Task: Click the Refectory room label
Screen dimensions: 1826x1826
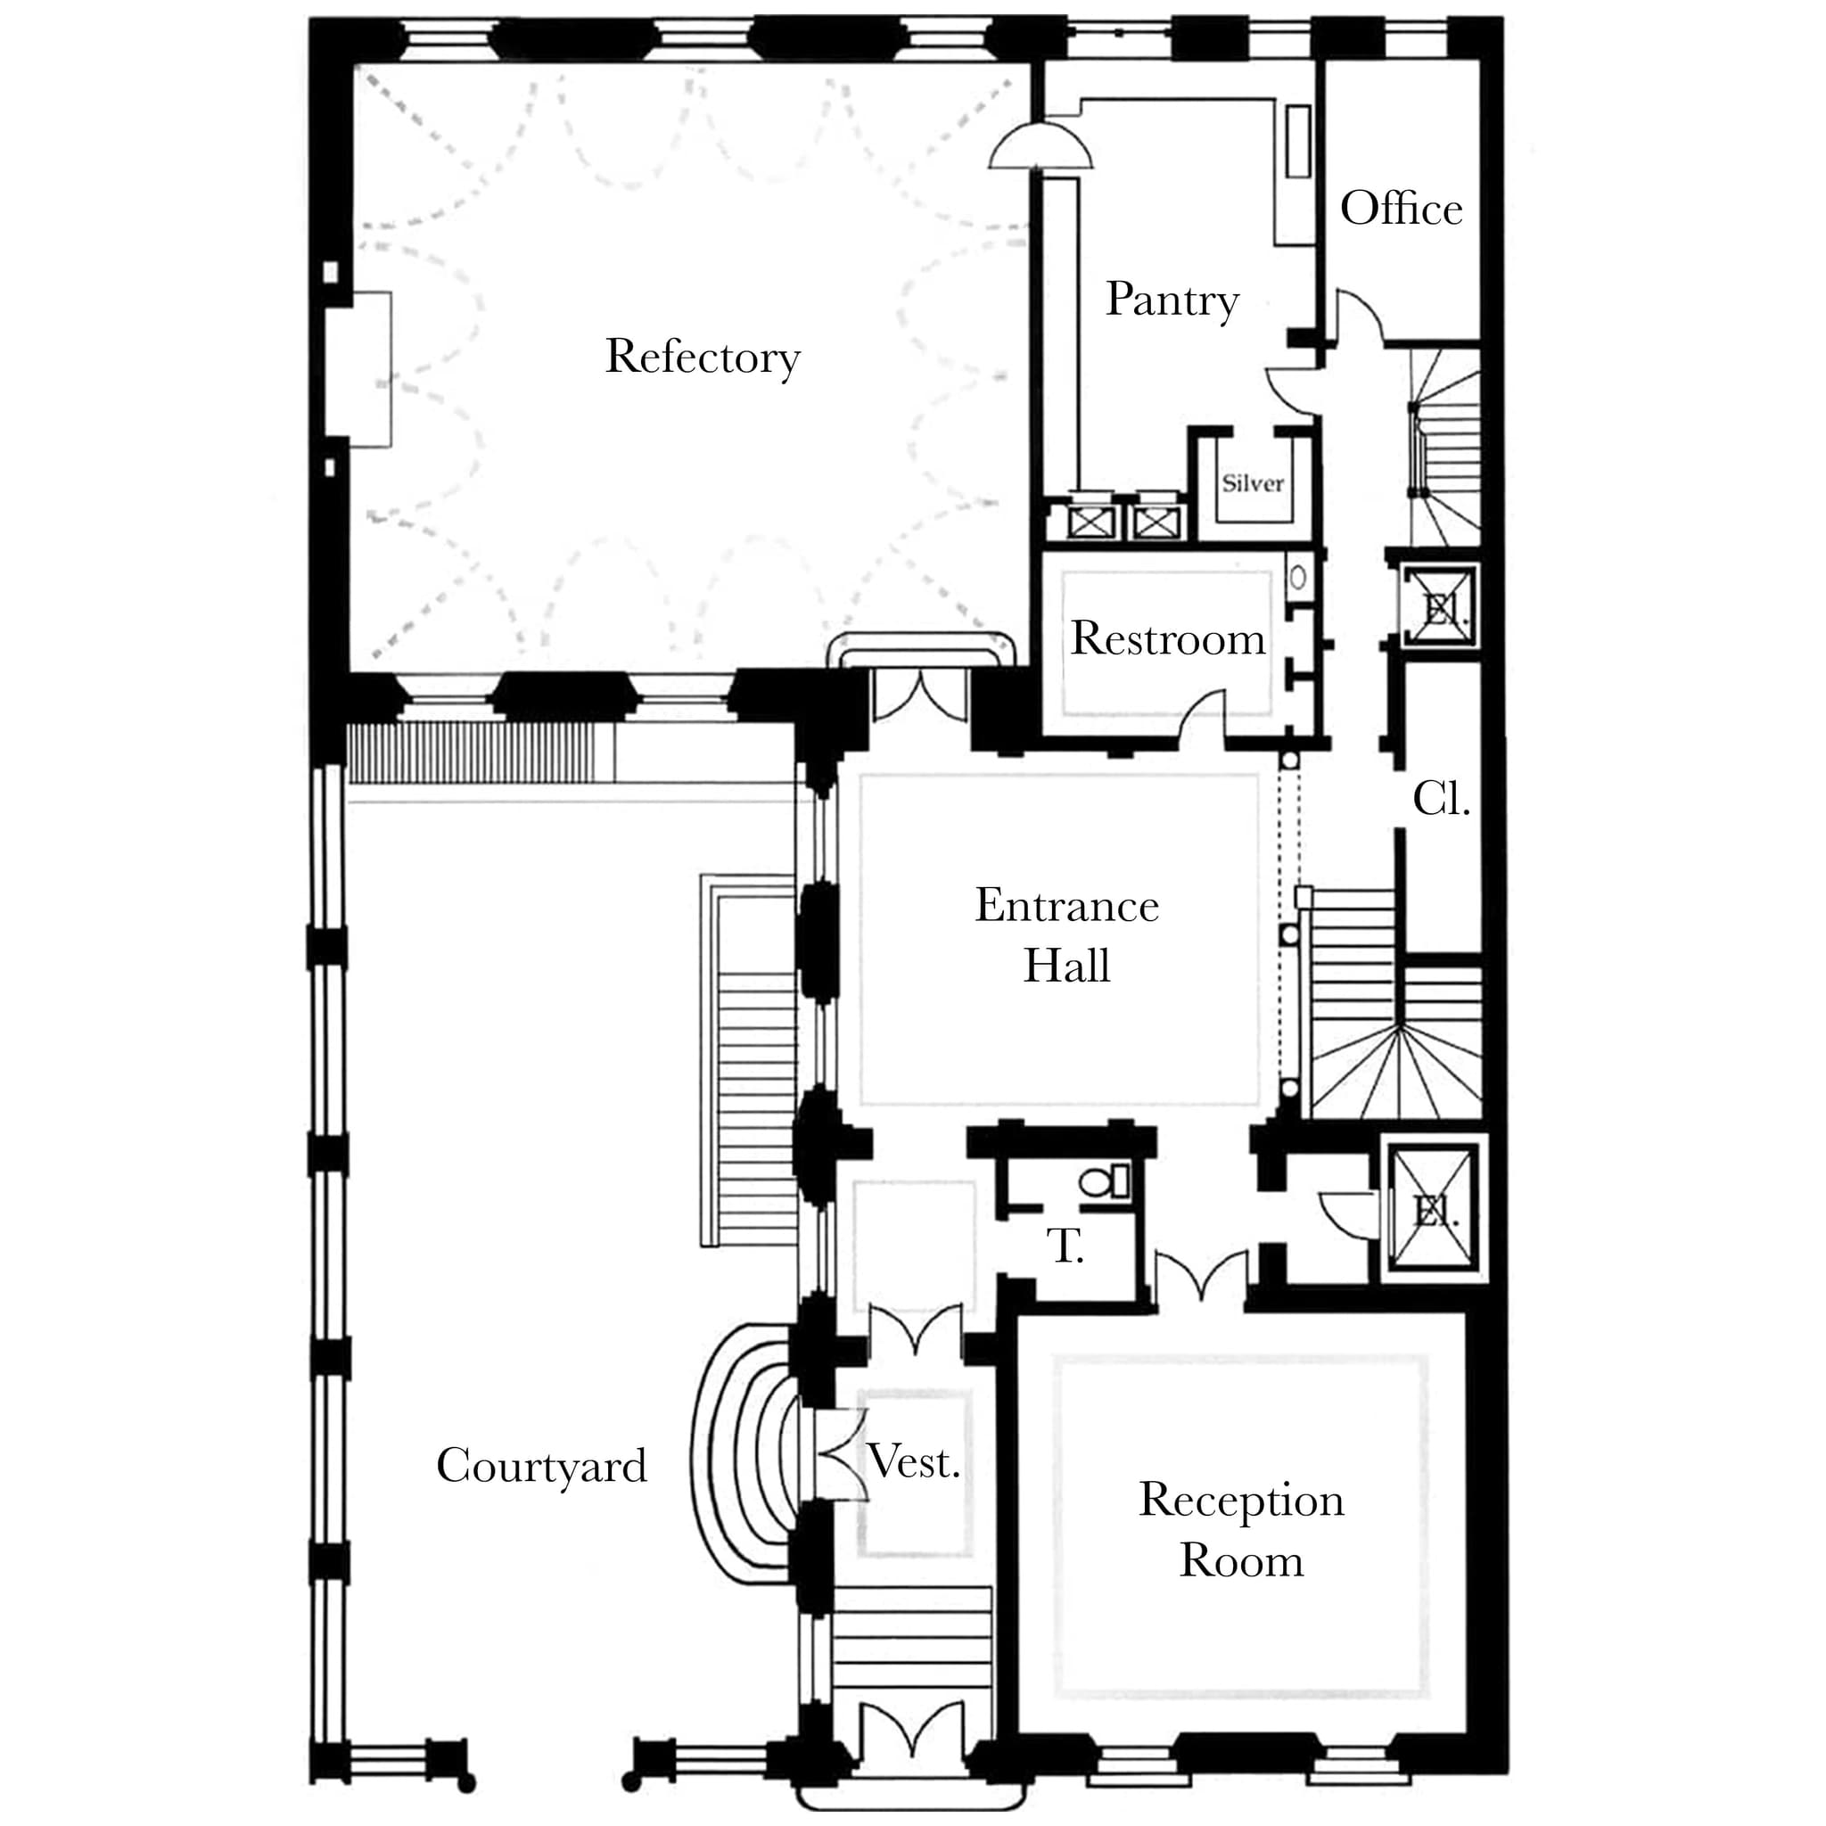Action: pos(703,358)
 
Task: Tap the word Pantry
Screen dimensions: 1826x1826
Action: pos(1172,300)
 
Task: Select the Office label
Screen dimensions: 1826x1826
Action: pos(1401,209)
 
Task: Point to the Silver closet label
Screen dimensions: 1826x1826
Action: pos(1253,484)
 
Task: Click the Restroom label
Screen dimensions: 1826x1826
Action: pos(1167,639)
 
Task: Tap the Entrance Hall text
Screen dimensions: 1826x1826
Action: pos(1067,935)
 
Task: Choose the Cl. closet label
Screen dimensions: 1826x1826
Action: pos(1441,800)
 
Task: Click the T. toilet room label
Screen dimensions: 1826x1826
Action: pos(1065,1246)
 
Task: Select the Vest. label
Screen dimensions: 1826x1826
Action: pos(914,1462)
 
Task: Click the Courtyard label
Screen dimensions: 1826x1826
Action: pos(541,1466)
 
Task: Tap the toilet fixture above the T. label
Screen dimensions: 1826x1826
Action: pos(1104,1181)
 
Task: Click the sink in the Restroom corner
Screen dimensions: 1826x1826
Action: pos(1297,576)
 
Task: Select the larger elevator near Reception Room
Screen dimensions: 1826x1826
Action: pos(1434,1211)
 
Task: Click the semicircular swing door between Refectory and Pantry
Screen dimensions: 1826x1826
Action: pos(1040,146)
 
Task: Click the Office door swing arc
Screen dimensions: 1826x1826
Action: pos(1359,317)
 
